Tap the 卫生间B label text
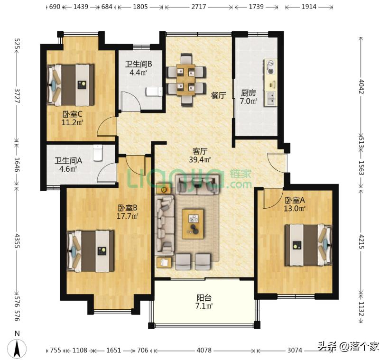point(139,64)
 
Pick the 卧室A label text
point(294,200)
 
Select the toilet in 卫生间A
point(98,152)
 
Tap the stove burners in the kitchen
point(271,67)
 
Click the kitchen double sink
point(272,98)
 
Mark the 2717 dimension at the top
point(198,7)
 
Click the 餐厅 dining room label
point(218,95)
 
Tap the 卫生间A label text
point(69,160)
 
